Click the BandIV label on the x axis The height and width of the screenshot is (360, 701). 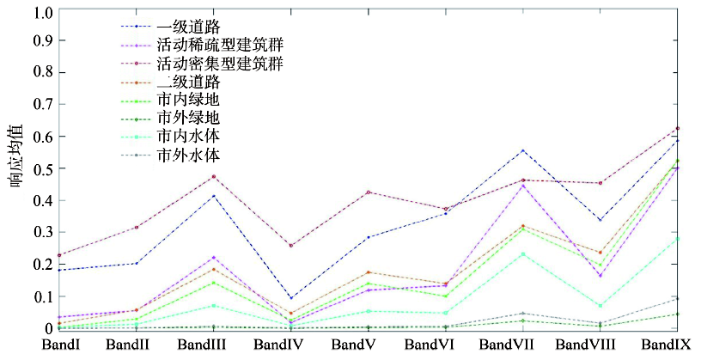click(x=278, y=345)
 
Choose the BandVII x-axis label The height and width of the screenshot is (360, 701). click(x=507, y=345)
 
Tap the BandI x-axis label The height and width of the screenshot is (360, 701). click(x=60, y=345)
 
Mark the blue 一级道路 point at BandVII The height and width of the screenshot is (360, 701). click(x=522, y=150)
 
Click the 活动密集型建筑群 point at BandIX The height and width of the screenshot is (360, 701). click(x=678, y=128)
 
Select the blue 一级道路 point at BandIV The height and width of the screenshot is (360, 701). click(x=291, y=298)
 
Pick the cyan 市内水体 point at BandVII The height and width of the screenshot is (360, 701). click(x=522, y=254)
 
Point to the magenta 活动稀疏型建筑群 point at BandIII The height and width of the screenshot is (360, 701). click(x=214, y=258)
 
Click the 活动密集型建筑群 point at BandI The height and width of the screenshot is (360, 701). click(x=59, y=255)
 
